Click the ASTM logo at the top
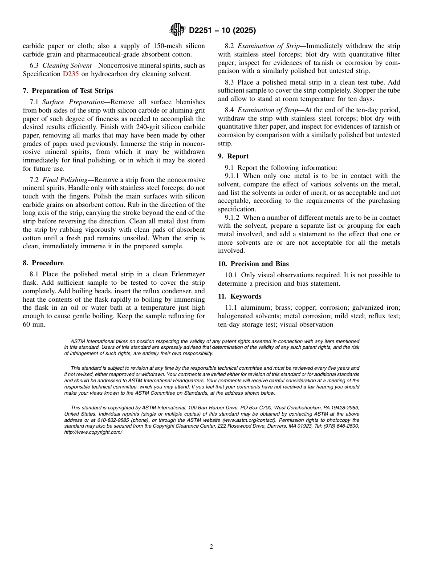tap(177, 30)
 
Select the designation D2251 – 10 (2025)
tap(222, 30)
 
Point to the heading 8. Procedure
tap(43, 263)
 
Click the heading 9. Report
tap(233, 156)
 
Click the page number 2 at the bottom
tap(211, 547)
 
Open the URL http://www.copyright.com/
tap(93, 432)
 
